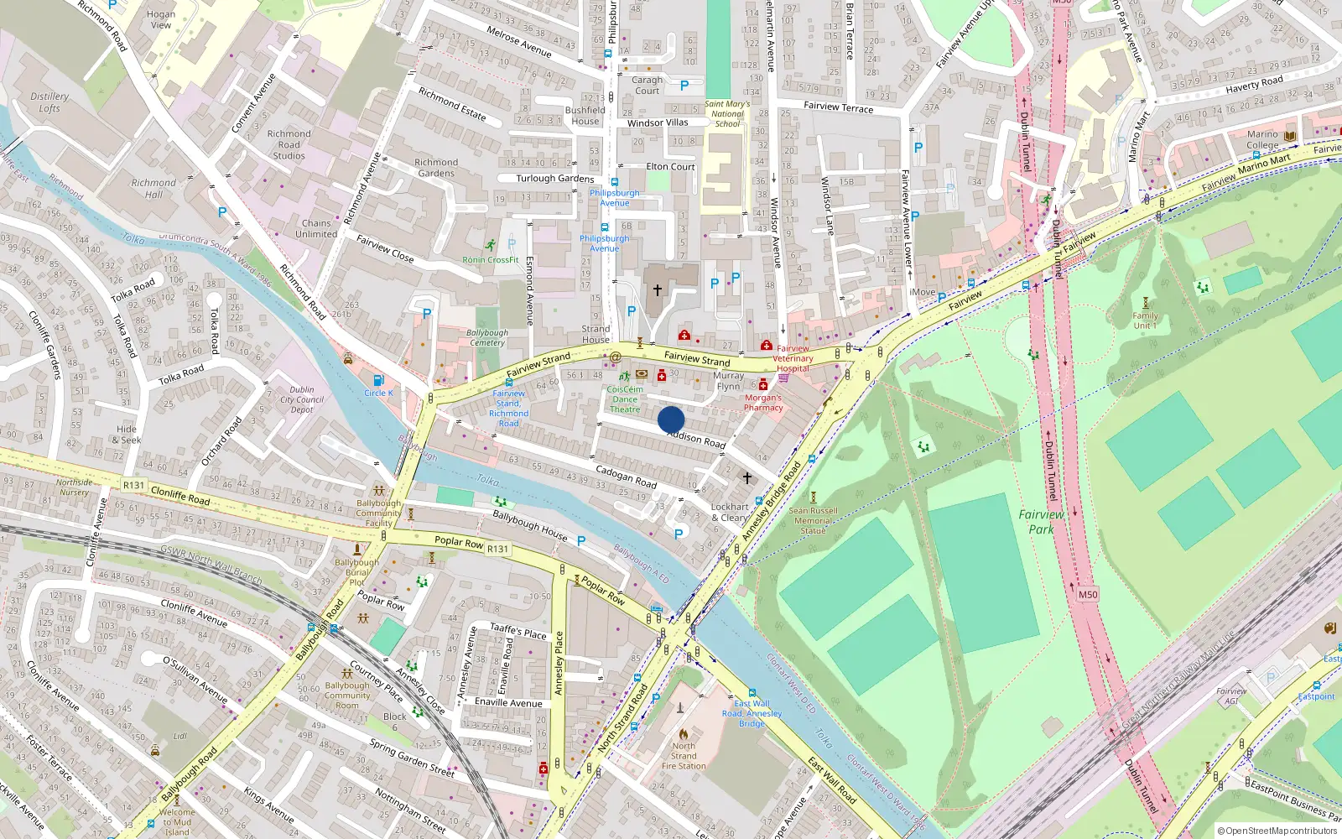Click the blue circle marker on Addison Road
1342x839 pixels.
[x=671, y=419]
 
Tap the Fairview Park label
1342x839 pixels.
[x=1041, y=521]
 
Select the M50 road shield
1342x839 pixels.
[x=1087, y=594]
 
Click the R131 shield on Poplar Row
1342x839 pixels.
[x=497, y=549]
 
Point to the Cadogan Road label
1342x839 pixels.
[x=626, y=477]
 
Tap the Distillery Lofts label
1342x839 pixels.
[x=49, y=102]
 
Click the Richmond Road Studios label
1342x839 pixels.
[x=289, y=144]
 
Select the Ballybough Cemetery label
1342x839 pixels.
[x=487, y=337]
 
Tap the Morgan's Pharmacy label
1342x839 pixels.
[x=763, y=403]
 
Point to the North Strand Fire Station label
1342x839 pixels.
[x=684, y=755]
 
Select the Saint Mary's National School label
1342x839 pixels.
[x=727, y=114]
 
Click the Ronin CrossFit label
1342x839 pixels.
[x=491, y=260]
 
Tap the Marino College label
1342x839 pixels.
[x=1262, y=139]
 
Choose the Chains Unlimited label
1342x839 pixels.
[x=316, y=228]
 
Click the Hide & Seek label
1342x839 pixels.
[x=127, y=434]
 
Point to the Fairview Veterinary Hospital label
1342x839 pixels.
[x=793, y=358]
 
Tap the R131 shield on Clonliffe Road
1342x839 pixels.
[x=133, y=485]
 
